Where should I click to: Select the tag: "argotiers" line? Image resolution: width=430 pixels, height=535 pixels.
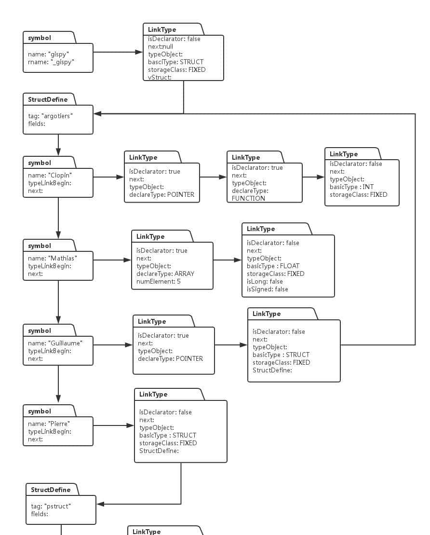click(x=51, y=116)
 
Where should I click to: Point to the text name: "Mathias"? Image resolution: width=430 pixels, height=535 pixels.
click(x=53, y=258)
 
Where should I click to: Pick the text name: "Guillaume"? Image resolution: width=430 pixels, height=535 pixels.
click(x=55, y=343)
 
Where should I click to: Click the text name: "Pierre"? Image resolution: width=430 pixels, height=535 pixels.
click(x=49, y=424)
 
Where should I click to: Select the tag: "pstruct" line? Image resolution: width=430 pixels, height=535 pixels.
click(x=51, y=506)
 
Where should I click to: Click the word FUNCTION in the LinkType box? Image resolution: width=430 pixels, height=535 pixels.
click(x=248, y=198)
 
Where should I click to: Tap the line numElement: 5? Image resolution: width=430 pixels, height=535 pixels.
click(x=158, y=281)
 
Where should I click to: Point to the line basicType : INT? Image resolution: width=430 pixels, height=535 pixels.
click(x=351, y=187)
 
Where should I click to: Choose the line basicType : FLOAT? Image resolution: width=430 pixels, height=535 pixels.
click(x=273, y=266)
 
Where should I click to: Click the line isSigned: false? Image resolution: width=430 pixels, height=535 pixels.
click(x=267, y=289)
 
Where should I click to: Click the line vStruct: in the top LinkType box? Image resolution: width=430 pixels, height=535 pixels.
click(x=160, y=77)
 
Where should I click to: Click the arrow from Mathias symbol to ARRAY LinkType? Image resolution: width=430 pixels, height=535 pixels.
click(x=112, y=260)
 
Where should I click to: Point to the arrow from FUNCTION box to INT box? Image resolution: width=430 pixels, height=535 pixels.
click(x=313, y=177)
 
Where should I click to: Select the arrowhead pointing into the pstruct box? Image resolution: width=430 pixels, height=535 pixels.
click(x=100, y=504)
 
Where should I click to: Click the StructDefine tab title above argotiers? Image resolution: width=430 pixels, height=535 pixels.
click(x=48, y=99)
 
